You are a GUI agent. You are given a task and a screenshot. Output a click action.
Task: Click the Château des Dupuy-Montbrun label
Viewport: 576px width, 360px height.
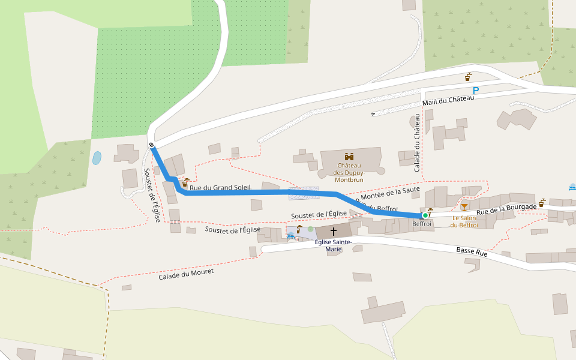[349, 172]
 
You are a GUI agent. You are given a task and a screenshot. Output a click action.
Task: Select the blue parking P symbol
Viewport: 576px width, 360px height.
[476, 91]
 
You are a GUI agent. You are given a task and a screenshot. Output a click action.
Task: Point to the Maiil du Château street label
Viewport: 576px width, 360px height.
[448, 103]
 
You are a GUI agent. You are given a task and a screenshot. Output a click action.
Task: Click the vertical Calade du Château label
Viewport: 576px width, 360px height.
[417, 144]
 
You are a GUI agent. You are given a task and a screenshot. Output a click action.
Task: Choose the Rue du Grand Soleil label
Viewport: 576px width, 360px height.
[220, 188]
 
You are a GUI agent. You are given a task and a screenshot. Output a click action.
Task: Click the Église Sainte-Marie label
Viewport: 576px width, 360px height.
[334, 245]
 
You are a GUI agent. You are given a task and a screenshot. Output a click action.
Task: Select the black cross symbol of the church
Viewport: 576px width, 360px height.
[334, 231]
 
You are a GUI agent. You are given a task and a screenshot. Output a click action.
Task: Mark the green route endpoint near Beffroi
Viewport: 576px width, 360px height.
[425, 215]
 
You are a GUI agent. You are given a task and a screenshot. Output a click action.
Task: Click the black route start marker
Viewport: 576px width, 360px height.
[151, 145]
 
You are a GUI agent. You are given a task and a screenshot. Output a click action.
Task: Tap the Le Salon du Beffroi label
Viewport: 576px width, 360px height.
[464, 221]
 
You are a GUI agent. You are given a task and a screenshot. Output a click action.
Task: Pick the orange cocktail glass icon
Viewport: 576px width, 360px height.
[464, 207]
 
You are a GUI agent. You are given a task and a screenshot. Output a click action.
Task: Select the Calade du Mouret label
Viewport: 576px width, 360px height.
[186, 274]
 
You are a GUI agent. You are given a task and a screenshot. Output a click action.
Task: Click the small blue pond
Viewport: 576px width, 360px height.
[97, 158]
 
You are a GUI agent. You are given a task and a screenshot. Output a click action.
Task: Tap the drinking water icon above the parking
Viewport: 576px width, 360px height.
[468, 77]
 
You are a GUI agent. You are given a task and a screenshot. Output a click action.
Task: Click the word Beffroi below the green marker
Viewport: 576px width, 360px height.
[422, 224]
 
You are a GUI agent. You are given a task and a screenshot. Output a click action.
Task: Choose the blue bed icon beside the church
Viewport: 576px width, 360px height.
[291, 236]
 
